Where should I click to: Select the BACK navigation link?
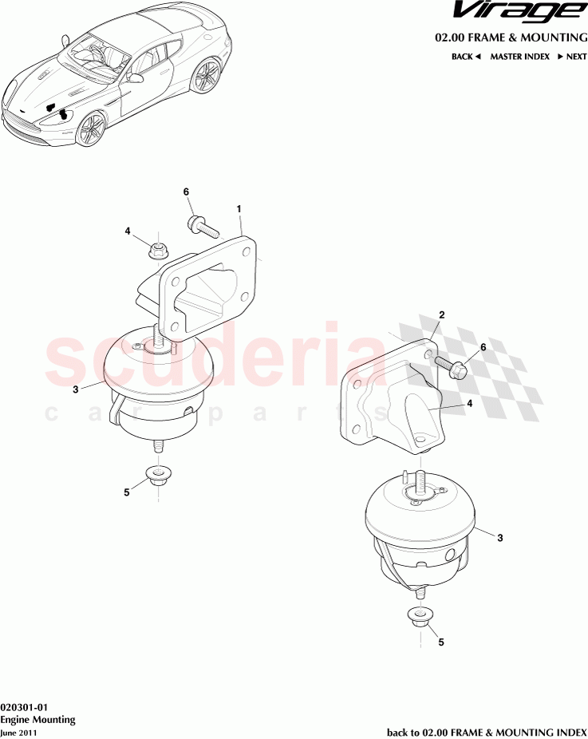click(466, 57)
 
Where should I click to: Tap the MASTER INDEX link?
click(519, 57)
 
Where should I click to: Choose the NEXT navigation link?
click(571, 57)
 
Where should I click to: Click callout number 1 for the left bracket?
click(239, 208)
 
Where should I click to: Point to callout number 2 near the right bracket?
click(441, 315)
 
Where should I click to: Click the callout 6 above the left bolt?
click(186, 192)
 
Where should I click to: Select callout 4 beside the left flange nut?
click(128, 231)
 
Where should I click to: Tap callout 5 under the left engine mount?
click(126, 492)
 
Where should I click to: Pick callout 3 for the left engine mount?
click(75, 389)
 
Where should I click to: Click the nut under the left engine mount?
click(158, 477)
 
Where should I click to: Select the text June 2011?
click(18, 733)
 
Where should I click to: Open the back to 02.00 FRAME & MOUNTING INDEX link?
click(487, 732)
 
